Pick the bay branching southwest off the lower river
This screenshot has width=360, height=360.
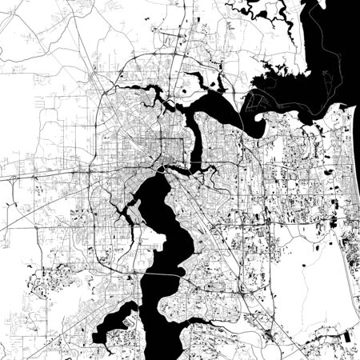(116, 320)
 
